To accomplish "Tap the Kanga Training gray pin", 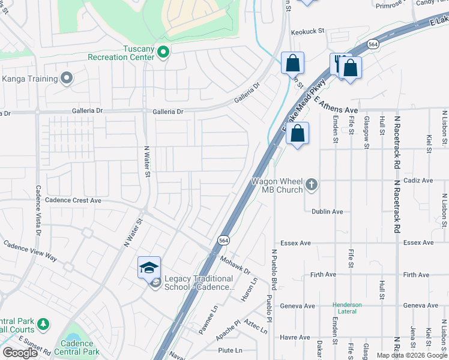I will coord(67,78).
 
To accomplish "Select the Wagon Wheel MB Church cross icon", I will coord(311,185).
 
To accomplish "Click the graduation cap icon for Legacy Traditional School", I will coord(149,268).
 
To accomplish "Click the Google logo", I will coord(20,353).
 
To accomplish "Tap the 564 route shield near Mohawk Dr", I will coord(223,238).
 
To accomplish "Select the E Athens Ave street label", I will coord(336,107).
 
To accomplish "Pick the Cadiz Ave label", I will coord(419,180).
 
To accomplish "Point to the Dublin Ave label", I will coord(327,211).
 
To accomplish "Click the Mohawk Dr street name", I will coord(234,262).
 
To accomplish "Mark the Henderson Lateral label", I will coord(348,308).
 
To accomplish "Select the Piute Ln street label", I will coord(230,350).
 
